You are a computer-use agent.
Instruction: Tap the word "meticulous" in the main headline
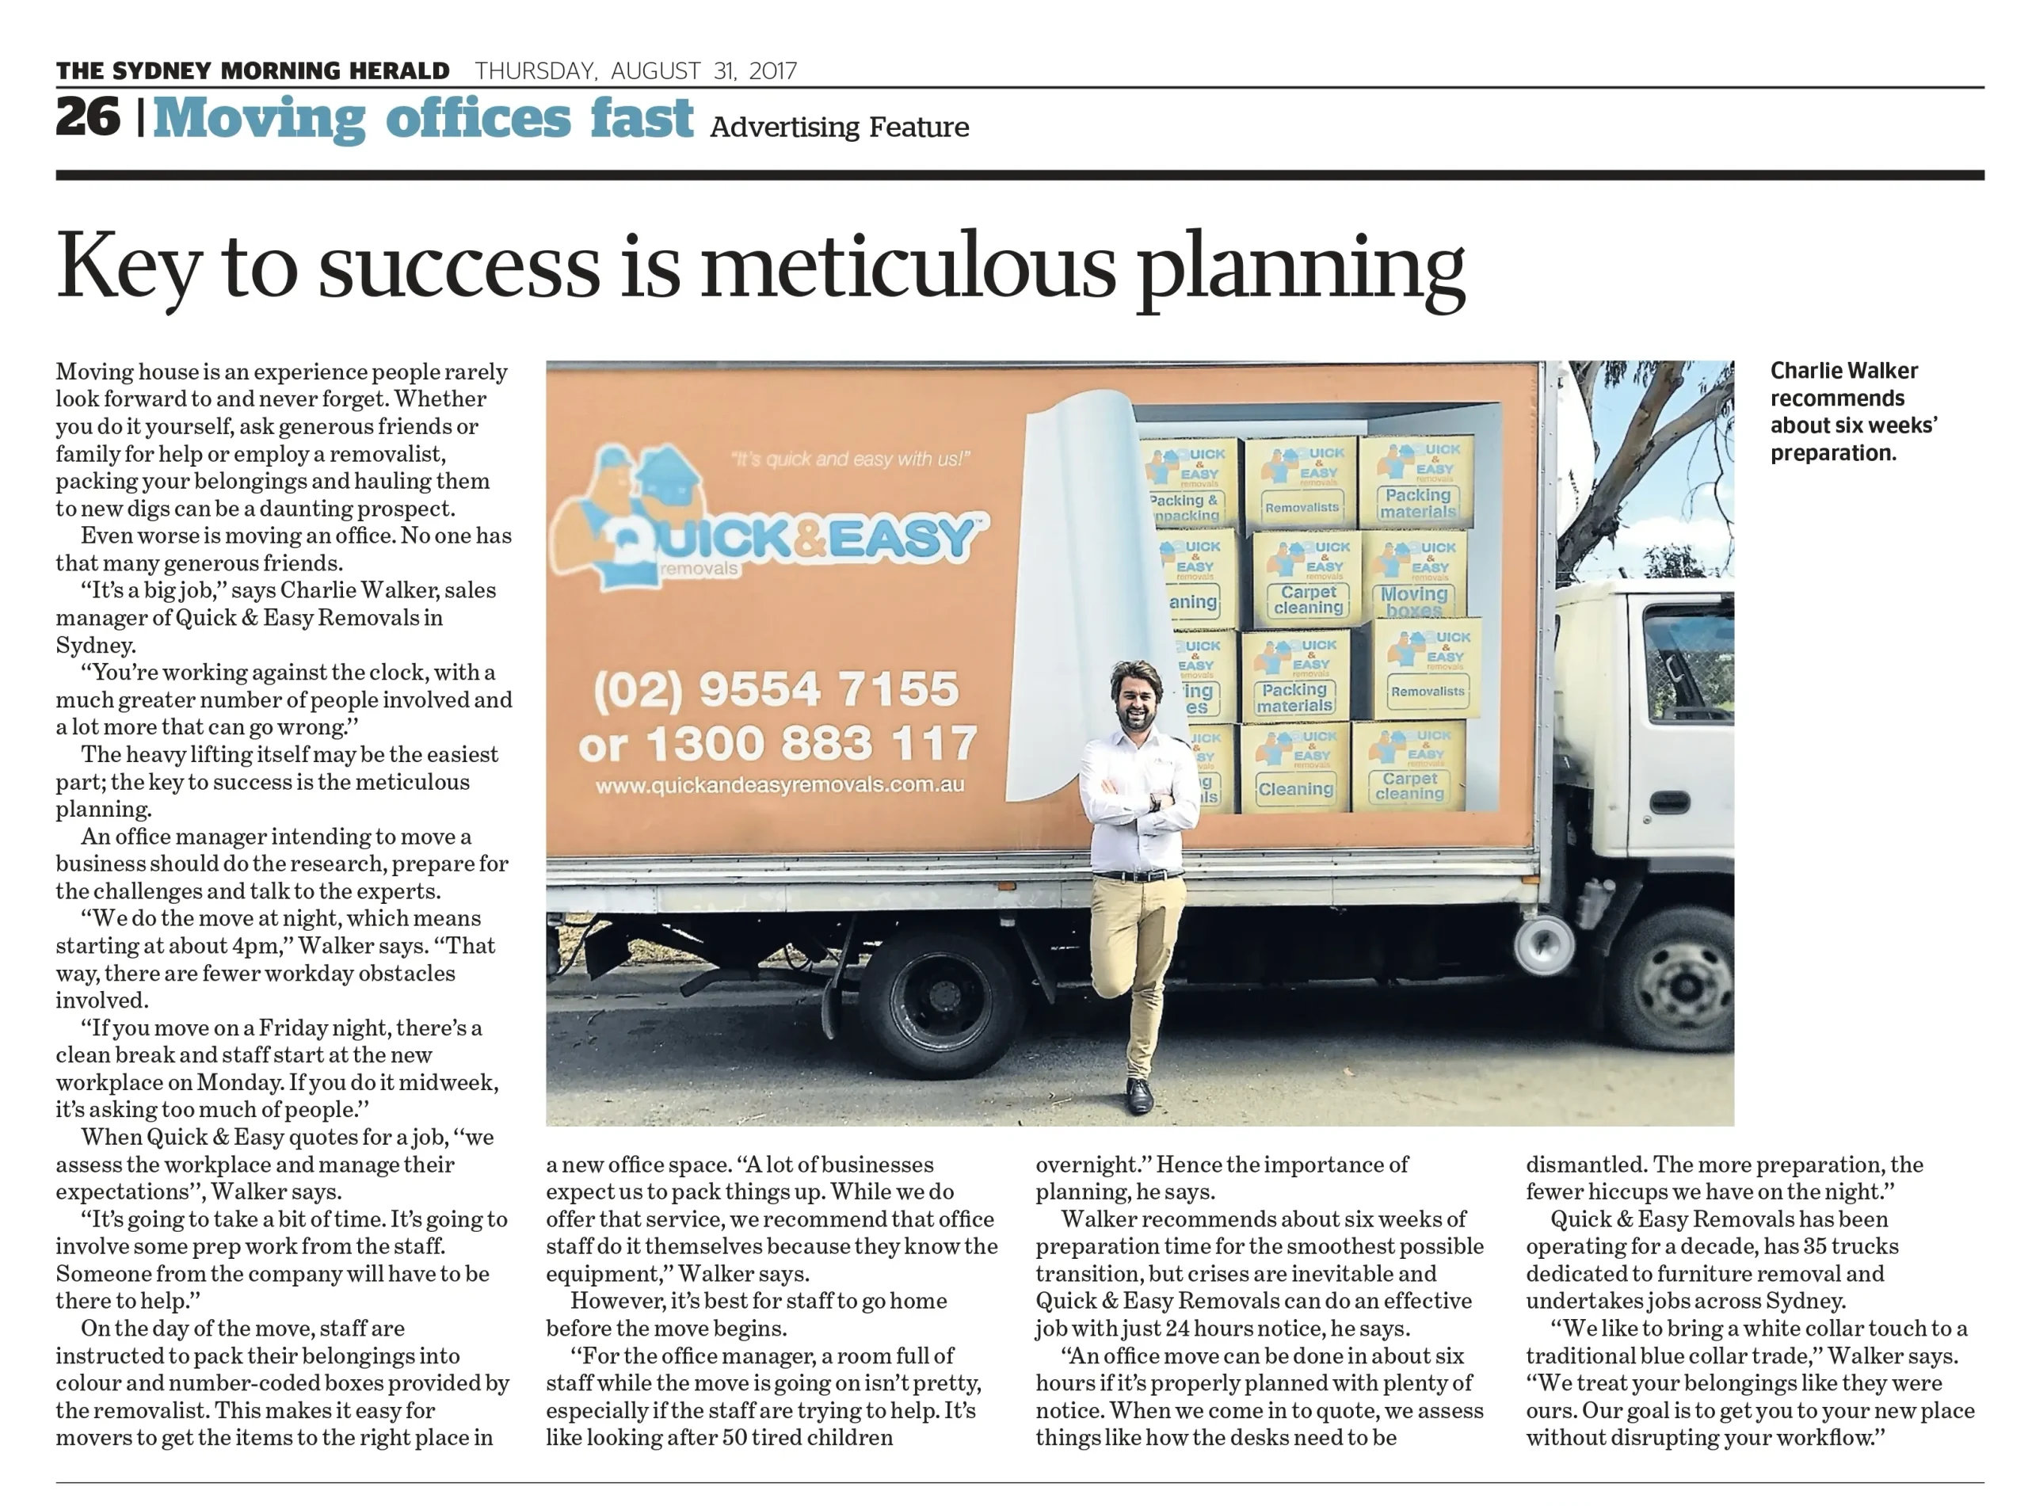pyautogui.click(x=908, y=266)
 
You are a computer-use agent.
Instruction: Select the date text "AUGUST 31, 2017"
pyautogui.click(x=703, y=71)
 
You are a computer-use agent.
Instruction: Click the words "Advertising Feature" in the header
pyautogui.click(x=839, y=127)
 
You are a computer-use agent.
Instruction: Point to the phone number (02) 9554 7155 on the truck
pyautogui.click(x=776, y=690)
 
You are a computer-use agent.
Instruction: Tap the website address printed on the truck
pyautogui.click(x=780, y=785)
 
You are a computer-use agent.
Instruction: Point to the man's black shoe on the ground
pyautogui.click(x=1138, y=1095)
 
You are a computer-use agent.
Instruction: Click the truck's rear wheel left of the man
pyautogui.click(x=939, y=1004)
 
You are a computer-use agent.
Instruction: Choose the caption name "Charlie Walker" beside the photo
pyautogui.click(x=1843, y=371)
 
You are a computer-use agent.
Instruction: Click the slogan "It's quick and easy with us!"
pyautogui.click(x=850, y=459)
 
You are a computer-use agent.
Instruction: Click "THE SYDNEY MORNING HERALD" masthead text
pyautogui.click(x=253, y=71)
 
